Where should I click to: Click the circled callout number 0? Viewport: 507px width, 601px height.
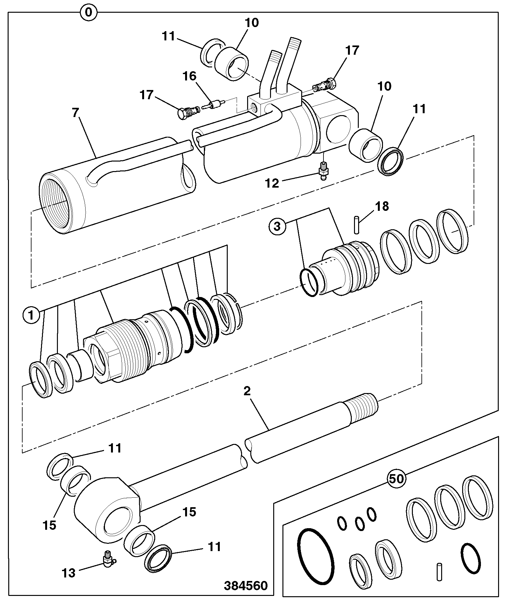(89, 13)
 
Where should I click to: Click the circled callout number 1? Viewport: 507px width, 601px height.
(31, 315)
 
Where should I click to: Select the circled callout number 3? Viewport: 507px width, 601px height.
(277, 227)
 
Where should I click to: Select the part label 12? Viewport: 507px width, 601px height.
(272, 183)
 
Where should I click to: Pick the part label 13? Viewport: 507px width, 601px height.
(68, 573)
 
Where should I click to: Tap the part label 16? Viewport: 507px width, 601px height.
(189, 76)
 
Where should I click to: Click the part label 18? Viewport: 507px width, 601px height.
(382, 206)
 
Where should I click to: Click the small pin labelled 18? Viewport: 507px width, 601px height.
(356, 225)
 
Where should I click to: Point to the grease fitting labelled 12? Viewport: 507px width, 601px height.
(323, 171)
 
